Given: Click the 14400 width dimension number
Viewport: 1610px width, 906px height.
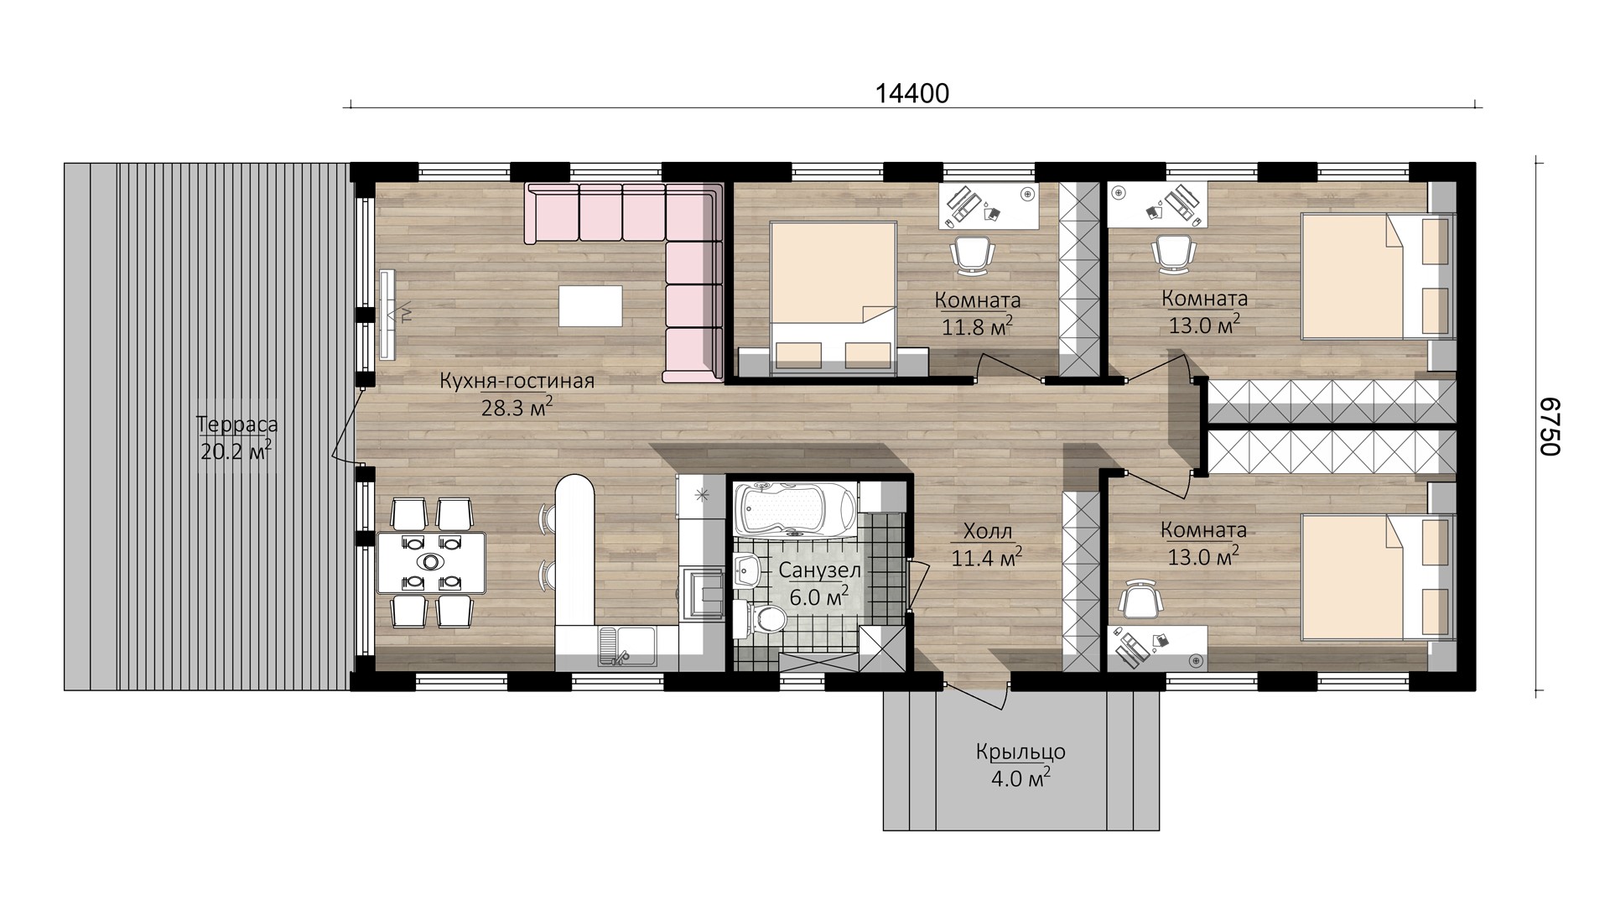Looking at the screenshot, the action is tap(912, 93).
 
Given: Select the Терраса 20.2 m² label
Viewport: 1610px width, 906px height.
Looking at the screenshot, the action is tap(237, 438).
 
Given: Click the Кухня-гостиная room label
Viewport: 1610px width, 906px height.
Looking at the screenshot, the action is tap(517, 382).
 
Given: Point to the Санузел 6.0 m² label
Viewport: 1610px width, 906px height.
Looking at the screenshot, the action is tap(820, 583).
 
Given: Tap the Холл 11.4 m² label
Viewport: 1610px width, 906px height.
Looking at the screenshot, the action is tap(987, 544).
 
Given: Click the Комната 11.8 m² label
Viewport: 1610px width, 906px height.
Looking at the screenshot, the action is tap(978, 313).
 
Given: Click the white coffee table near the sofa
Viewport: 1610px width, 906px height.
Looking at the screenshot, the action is tap(591, 305).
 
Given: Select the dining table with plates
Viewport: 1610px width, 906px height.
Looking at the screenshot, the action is tap(431, 562).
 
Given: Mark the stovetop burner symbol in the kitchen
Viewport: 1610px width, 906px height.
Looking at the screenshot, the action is tap(702, 496).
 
